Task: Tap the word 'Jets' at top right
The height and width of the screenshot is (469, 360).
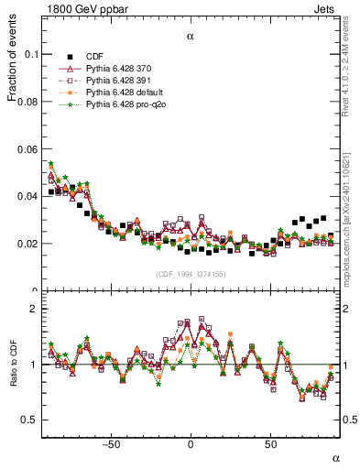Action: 327,8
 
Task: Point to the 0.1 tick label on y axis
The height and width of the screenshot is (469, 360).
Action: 31,54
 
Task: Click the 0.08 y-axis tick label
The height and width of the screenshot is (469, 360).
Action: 27,102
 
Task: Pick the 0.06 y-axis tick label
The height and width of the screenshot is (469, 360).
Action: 27,148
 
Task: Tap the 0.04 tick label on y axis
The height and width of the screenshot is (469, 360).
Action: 27,196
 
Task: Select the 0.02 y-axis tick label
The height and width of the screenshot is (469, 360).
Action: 27,244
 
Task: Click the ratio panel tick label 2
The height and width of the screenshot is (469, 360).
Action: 35,309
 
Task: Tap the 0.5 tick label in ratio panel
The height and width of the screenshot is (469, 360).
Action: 29,420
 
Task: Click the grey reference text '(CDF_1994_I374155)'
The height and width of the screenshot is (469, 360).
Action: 191,274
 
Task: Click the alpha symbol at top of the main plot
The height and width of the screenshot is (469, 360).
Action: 191,37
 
